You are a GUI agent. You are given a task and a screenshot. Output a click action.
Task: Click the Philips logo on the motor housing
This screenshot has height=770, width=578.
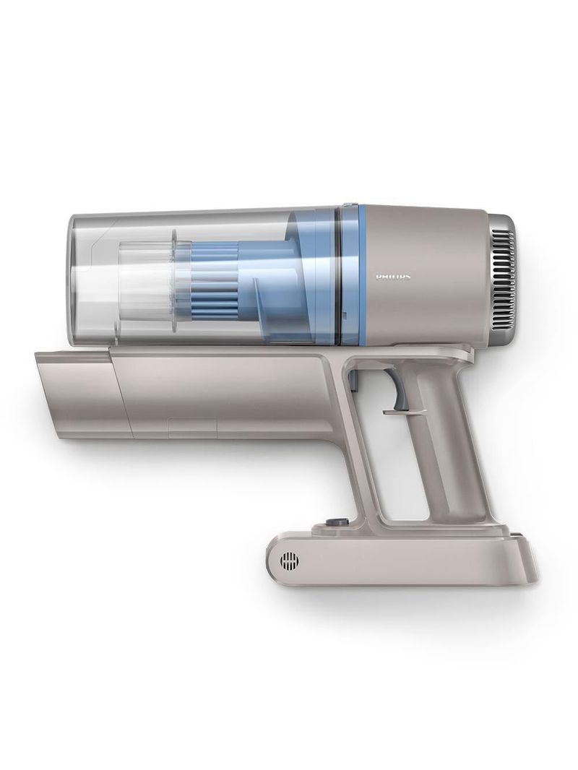395,276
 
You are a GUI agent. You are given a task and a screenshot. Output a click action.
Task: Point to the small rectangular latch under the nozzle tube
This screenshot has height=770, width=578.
192,428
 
